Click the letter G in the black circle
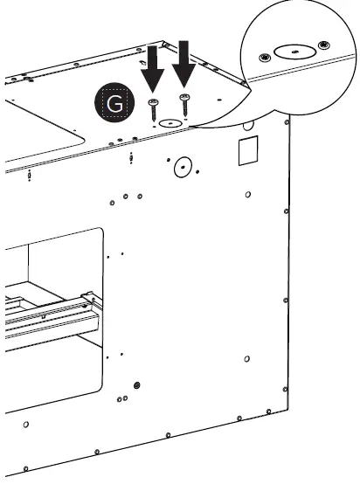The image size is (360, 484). pos(114,103)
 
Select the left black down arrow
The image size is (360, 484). pos(153,69)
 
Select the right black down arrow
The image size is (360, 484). pos(183,64)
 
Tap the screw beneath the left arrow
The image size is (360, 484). pos(154,110)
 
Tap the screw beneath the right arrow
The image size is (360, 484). pos(184,105)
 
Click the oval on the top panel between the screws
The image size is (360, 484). pos(170,123)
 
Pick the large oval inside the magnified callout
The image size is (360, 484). pos(294,52)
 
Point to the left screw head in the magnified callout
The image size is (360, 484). pos(265,58)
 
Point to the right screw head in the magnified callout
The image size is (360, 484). pos(324,45)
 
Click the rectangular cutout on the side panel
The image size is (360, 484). pos(248,150)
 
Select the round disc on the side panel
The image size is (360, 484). pos(183,167)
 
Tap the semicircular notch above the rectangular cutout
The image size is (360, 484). pos(248,125)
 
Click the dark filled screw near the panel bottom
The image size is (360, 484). pos(137,385)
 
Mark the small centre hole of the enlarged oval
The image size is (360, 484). pos(295,52)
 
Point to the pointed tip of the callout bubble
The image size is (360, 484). pos(190,126)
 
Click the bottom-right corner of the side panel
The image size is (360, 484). pos(287,410)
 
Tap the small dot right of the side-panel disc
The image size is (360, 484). pos(197,171)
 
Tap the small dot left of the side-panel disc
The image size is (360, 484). pos(169,160)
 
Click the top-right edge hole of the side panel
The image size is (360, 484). pos(287,122)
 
